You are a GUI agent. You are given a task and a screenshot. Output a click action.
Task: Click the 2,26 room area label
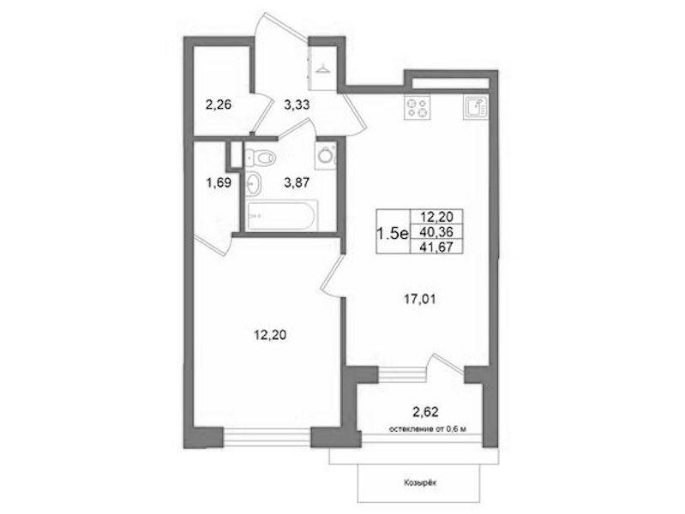(218, 105)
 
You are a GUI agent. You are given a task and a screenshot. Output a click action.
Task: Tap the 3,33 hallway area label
(297, 105)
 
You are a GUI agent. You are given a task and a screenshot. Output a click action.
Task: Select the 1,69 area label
(219, 182)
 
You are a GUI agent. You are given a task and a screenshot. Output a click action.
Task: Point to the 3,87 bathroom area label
(297, 182)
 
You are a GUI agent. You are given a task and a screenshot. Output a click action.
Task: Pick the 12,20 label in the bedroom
(270, 336)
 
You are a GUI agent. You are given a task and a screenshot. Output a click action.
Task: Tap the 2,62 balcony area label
(425, 411)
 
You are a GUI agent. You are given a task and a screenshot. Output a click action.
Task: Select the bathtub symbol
(282, 215)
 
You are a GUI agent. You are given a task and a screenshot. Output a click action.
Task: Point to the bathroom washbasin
(254, 183)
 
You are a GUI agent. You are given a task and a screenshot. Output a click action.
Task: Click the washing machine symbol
(326, 155)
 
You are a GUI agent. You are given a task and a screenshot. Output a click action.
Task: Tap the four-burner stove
(418, 107)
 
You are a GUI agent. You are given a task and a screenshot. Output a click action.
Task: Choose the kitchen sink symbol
(475, 107)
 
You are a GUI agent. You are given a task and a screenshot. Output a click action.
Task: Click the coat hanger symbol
(323, 69)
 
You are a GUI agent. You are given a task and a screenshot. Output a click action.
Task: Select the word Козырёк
(420, 483)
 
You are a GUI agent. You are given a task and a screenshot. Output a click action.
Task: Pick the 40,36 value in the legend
(436, 232)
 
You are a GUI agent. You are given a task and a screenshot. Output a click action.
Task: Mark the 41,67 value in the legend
(436, 248)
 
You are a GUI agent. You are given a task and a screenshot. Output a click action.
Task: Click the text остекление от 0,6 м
(428, 429)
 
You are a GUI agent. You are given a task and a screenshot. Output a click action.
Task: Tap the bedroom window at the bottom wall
(267, 438)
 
